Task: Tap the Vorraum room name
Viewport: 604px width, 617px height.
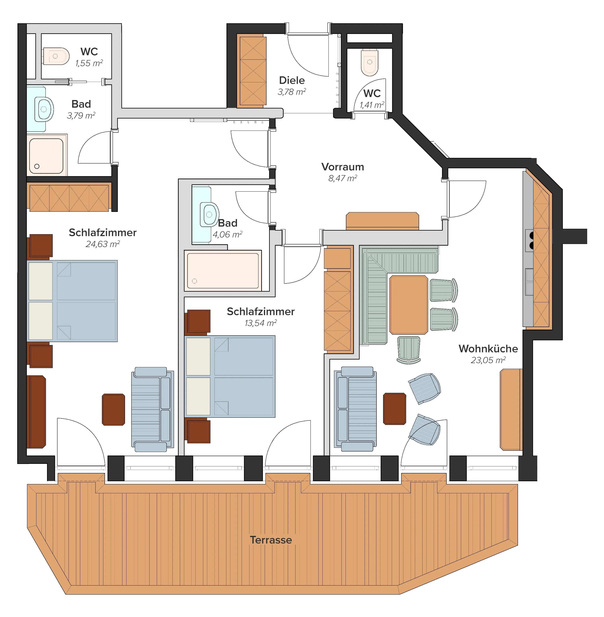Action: point(343,167)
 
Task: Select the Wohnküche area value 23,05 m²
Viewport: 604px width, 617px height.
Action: point(488,360)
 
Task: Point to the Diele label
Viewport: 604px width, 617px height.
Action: point(292,80)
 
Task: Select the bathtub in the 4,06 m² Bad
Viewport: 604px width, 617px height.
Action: point(223,271)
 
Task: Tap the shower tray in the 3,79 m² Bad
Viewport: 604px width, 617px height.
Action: point(47,156)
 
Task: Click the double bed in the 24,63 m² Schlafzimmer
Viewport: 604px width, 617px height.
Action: point(72,301)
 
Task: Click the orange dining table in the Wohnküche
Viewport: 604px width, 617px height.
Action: point(409,305)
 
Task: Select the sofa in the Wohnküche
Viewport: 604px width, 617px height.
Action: point(355,409)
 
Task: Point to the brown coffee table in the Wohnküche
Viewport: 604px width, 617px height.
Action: point(395,409)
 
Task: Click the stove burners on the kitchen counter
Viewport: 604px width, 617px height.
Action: point(529,240)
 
